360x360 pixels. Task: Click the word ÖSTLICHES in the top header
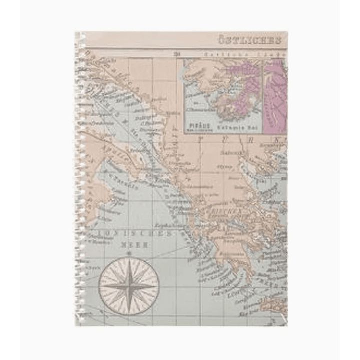click(x=250, y=40)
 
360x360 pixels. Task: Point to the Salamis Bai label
click(x=230, y=127)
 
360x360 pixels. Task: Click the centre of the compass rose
click(x=128, y=286)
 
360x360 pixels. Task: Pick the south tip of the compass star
click(x=128, y=311)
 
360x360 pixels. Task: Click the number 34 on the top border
click(x=177, y=53)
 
